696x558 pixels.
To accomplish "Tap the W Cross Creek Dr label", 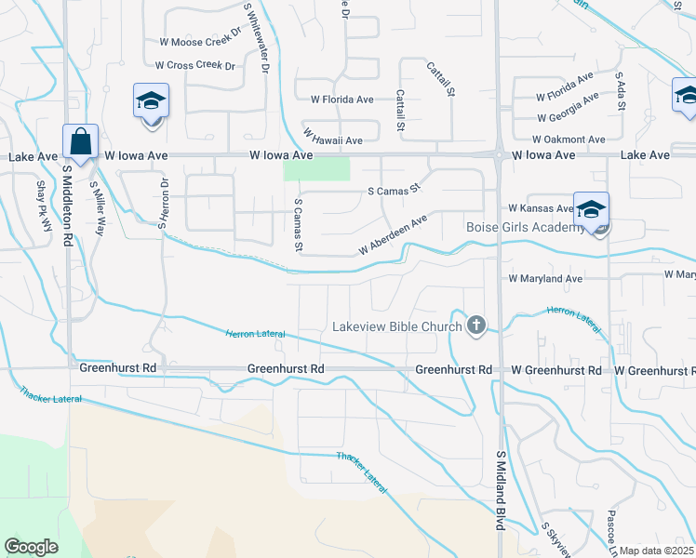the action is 195,66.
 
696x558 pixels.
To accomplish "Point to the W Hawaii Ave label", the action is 331,140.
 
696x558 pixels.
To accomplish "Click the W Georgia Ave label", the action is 568,110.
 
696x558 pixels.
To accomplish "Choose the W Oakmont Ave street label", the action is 575,139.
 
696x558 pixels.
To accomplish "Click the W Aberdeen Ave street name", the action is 393,235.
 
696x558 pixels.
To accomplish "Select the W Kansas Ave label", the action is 540,209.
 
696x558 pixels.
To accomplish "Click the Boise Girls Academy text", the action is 527,227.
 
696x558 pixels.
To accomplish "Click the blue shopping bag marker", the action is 81,143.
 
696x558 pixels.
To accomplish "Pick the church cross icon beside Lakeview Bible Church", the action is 476,325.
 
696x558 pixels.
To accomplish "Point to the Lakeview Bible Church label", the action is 397,326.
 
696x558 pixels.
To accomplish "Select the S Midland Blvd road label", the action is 501,490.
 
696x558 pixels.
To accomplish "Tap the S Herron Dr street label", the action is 163,204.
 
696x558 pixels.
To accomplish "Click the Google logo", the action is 31,547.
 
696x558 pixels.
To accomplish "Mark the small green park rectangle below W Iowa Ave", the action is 316,169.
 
